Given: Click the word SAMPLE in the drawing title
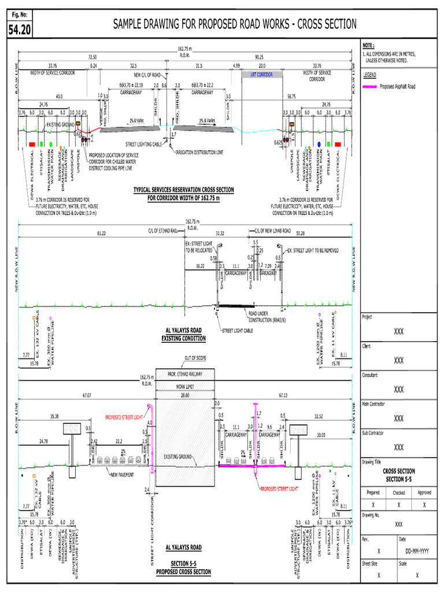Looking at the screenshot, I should [131, 24].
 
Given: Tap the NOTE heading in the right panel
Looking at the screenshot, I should [368, 45].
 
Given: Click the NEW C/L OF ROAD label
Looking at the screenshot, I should [146, 75].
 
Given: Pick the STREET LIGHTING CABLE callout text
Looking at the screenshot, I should [143, 144].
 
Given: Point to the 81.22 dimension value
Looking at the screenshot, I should [101, 233].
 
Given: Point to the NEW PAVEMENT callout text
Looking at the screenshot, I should [122, 475].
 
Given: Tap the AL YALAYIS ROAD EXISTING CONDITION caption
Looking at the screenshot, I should [184, 334].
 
